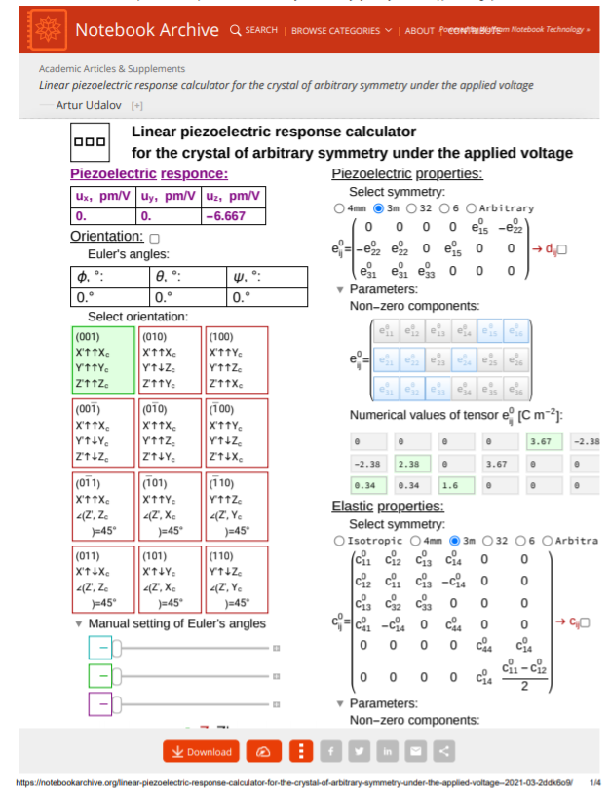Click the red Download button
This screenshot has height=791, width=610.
point(202,751)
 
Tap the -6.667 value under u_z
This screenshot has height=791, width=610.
point(234,216)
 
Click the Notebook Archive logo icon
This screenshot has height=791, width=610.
point(44,29)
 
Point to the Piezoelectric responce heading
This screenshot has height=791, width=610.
point(148,174)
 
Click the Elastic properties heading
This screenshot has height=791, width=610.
point(388,506)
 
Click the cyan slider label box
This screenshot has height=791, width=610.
point(100,648)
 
